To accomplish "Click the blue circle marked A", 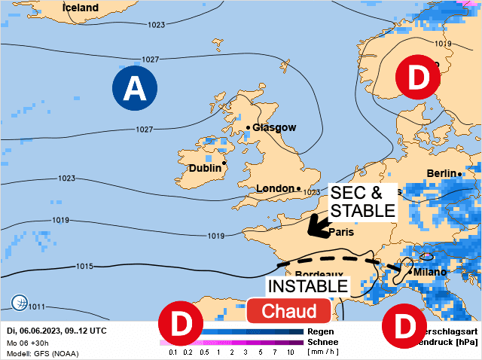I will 135,89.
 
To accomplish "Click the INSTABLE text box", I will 309,286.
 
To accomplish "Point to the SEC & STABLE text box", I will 361,200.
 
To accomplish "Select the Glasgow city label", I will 274,127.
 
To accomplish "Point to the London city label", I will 276,188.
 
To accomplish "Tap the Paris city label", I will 341,232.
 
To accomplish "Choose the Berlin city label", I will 442,173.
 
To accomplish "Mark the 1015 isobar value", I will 84,267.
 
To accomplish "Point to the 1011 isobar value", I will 37,307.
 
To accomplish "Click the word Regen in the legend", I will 322,331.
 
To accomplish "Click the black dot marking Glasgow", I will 248,127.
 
